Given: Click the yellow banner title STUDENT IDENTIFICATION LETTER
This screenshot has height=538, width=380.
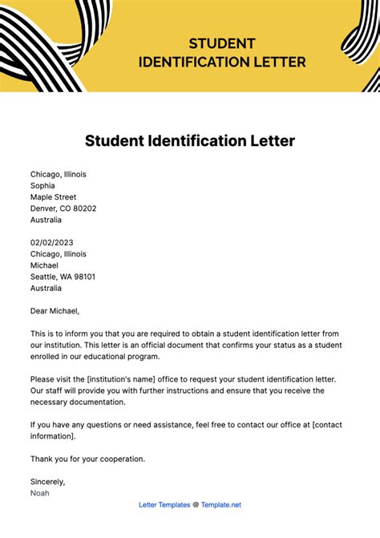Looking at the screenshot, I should click(222, 52).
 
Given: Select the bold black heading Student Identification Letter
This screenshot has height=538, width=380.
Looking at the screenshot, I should click(190, 141).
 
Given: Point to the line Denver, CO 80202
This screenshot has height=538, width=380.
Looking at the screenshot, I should click(63, 208).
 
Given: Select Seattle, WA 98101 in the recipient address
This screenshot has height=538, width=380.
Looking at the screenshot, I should click(63, 277).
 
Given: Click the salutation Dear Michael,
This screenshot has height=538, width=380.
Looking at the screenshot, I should click(55, 310).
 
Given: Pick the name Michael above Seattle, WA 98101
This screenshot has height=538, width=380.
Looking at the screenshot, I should click(44, 265).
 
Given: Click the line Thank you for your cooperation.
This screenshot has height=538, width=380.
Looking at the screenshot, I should click(88, 459).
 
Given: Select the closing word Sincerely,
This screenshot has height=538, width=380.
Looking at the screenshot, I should click(48, 481).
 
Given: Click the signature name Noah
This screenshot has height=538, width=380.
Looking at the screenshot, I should click(40, 492).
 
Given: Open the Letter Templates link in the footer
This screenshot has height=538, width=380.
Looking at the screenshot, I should click(164, 504).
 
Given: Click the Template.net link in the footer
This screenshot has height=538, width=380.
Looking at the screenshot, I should click(220, 504).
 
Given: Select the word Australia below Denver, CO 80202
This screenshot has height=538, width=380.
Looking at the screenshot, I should click(45, 219).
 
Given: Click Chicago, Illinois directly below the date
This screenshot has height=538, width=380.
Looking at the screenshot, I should click(58, 254).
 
